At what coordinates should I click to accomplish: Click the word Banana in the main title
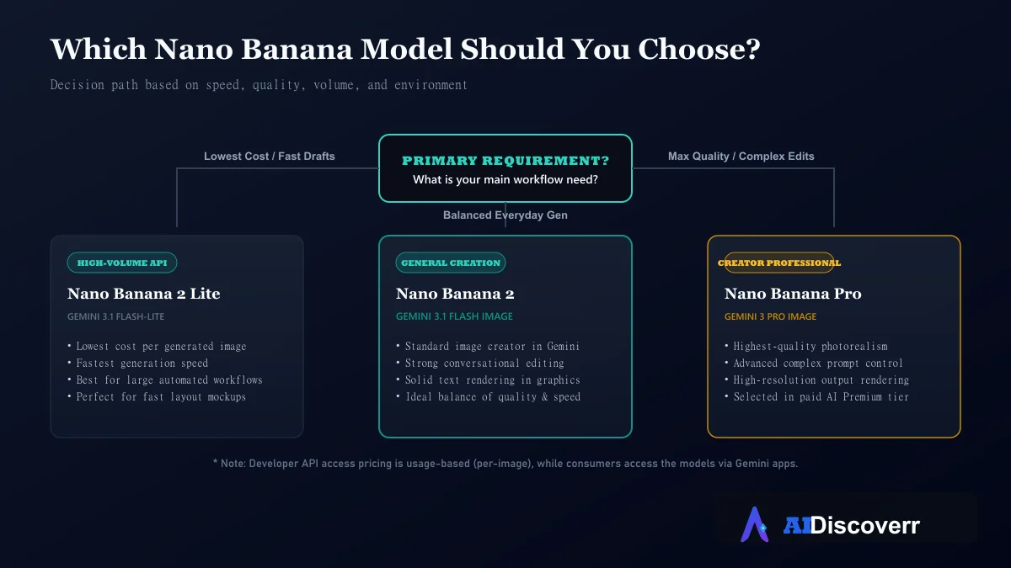coord(297,49)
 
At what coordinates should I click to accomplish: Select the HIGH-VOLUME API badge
coord(122,263)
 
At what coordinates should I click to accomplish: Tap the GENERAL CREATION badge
coord(451,263)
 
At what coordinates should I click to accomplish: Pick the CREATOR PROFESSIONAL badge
coord(779,263)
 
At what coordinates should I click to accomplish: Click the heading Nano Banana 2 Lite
coord(143,294)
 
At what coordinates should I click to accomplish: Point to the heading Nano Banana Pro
coord(793,294)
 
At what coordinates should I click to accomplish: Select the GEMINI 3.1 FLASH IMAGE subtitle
coord(454,316)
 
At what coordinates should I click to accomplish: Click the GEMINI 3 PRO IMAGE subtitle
coord(770,316)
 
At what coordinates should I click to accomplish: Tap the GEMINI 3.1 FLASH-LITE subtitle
coord(115,316)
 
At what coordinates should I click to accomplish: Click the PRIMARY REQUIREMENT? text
coord(505,161)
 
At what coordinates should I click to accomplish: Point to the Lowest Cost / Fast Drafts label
coord(270,156)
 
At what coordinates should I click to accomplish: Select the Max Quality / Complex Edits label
coord(741,156)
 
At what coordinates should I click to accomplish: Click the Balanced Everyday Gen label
coord(505,215)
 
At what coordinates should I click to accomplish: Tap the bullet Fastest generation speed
coord(138,363)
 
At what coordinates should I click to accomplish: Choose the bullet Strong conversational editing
coord(480,363)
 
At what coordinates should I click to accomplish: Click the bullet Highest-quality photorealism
coord(806,346)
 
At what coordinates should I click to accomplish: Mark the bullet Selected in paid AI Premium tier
coord(816,396)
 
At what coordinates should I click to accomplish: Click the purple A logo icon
coord(755,525)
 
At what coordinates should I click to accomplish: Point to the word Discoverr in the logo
coord(865,525)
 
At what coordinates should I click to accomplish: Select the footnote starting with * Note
coord(505,464)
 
